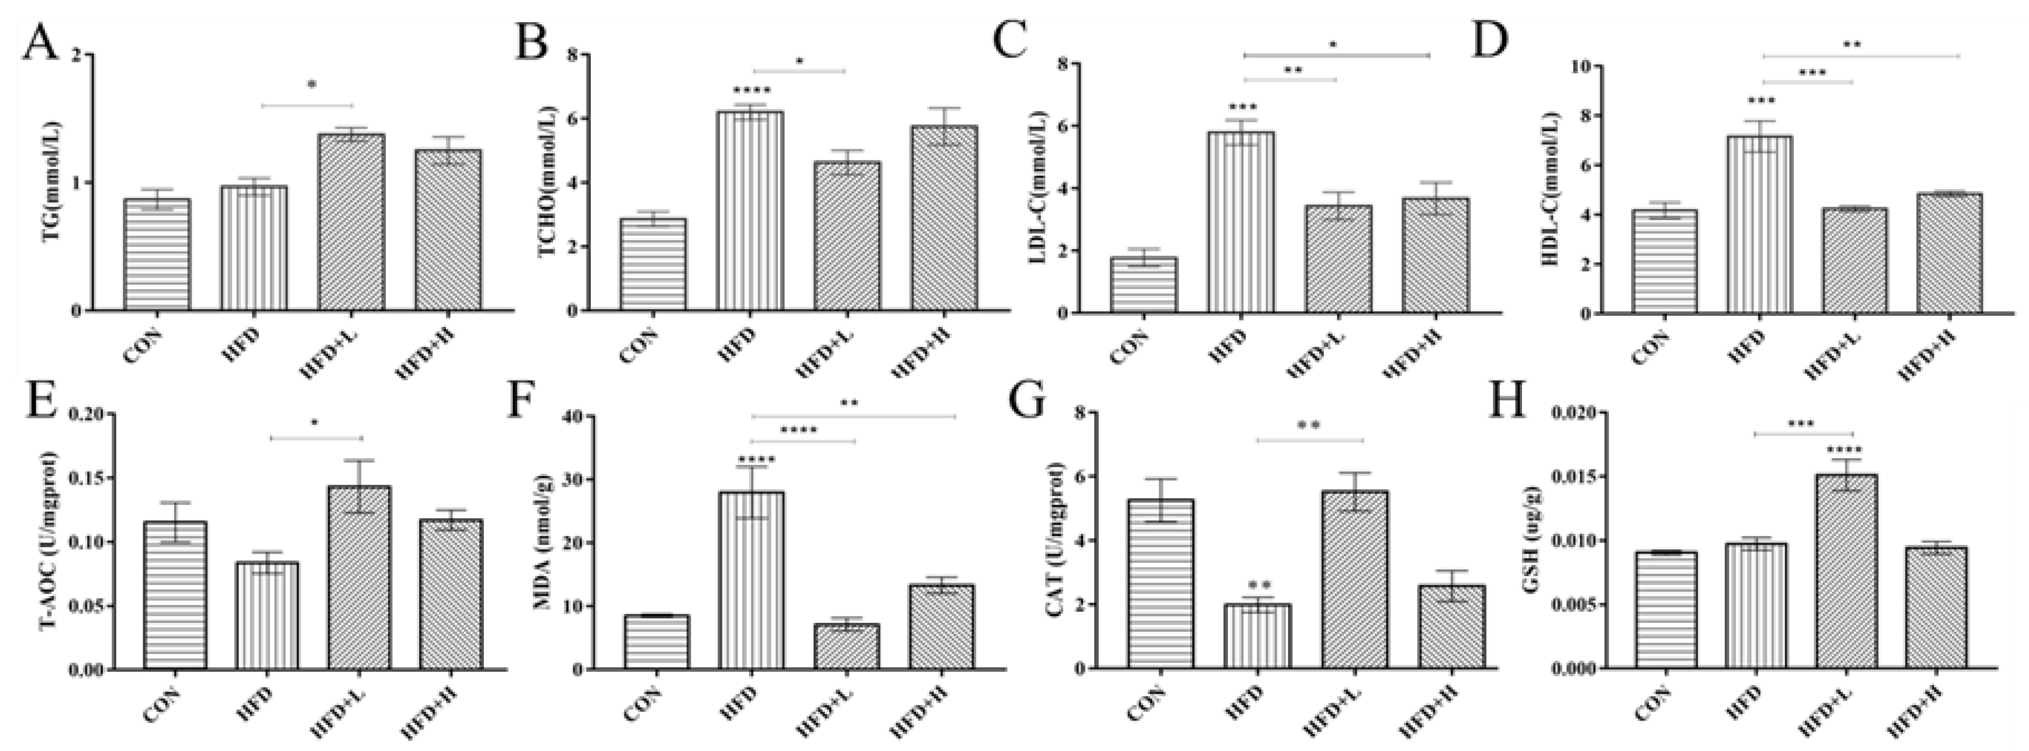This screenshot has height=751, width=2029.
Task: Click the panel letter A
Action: coord(39,43)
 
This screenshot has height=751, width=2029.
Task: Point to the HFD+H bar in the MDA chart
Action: coord(942,626)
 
